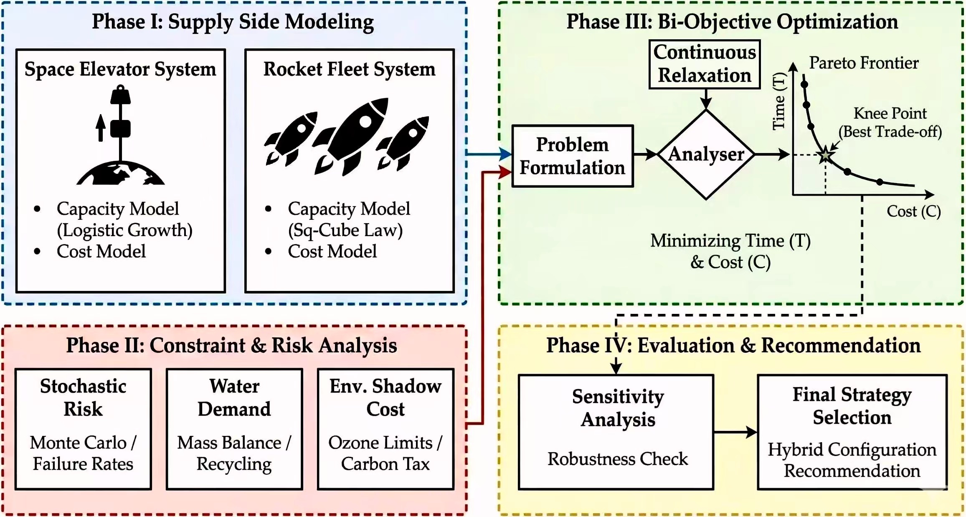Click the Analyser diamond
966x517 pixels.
pos(706,155)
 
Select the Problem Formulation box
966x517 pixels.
pos(573,156)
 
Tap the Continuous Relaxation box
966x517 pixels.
pos(705,64)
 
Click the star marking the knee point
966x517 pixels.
pos(825,155)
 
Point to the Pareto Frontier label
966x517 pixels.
pos(864,63)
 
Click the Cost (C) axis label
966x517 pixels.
pos(913,211)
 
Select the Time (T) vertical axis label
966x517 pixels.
pos(779,101)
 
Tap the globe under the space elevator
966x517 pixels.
pos(121,174)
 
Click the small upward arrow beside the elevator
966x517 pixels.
pos(100,127)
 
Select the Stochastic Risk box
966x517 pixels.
pos(83,428)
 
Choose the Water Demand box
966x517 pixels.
pos(234,428)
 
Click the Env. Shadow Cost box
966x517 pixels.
pos(385,428)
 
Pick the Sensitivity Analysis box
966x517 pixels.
pos(616,432)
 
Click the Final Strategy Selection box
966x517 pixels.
pos(852,432)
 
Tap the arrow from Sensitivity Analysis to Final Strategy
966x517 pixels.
pos(735,432)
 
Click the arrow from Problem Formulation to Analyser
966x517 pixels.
pos(645,154)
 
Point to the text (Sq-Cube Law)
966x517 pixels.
pos(345,230)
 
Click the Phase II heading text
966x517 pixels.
pos(231,345)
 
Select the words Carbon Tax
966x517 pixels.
pos(385,464)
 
